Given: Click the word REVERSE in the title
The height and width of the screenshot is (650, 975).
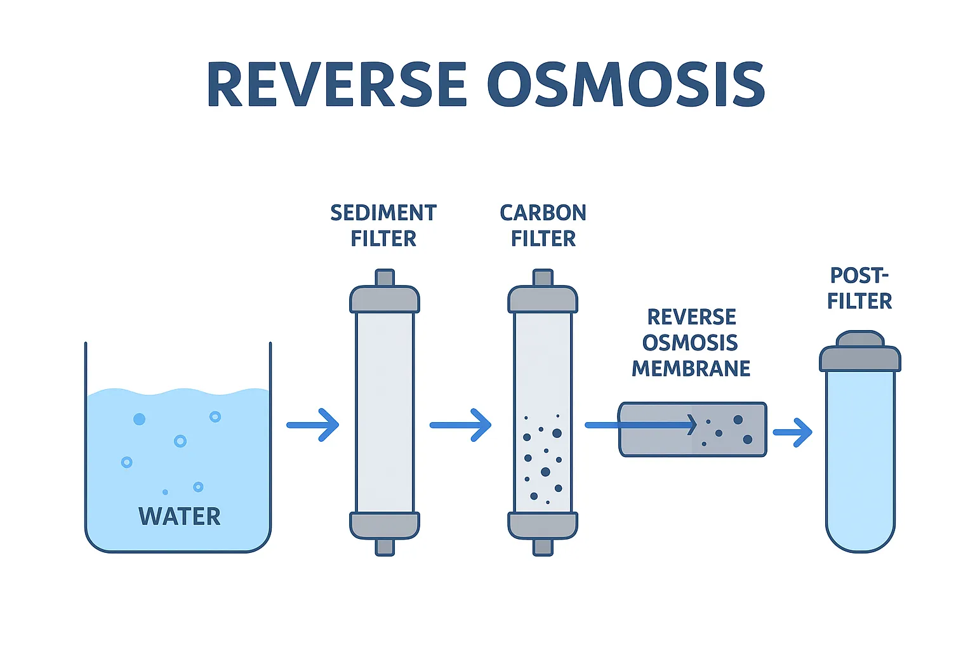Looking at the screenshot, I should (x=336, y=84).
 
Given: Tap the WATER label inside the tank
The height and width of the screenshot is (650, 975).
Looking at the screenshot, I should (x=180, y=516).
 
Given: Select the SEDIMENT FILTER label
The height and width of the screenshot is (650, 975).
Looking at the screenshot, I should (x=383, y=225).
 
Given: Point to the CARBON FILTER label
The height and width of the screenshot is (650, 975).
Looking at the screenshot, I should (x=543, y=225).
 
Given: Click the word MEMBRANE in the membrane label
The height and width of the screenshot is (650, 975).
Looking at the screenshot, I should (x=691, y=368).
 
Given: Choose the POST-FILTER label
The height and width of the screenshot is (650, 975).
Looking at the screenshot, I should (x=859, y=288).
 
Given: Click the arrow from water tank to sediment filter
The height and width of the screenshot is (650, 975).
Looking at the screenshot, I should (x=313, y=425).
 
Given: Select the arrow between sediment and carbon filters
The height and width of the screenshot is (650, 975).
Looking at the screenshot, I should (x=461, y=425).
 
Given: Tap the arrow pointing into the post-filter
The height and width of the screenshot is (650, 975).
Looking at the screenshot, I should (x=793, y=432).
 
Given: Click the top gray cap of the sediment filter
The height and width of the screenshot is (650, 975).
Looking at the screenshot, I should (x=385, y=300).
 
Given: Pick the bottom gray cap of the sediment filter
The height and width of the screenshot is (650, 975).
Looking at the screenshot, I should (x=385, y=525).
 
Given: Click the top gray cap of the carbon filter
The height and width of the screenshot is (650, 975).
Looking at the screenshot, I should (x=543, y=300).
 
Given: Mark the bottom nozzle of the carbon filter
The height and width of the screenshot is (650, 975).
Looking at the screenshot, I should (x=543, y=547).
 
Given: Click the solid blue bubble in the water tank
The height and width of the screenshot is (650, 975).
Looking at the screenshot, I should (x=139, y=419).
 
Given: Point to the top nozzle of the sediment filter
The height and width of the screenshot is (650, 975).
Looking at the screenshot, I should (x=385, y=278).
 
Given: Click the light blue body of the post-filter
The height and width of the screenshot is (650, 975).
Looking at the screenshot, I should (x=860, y=457).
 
